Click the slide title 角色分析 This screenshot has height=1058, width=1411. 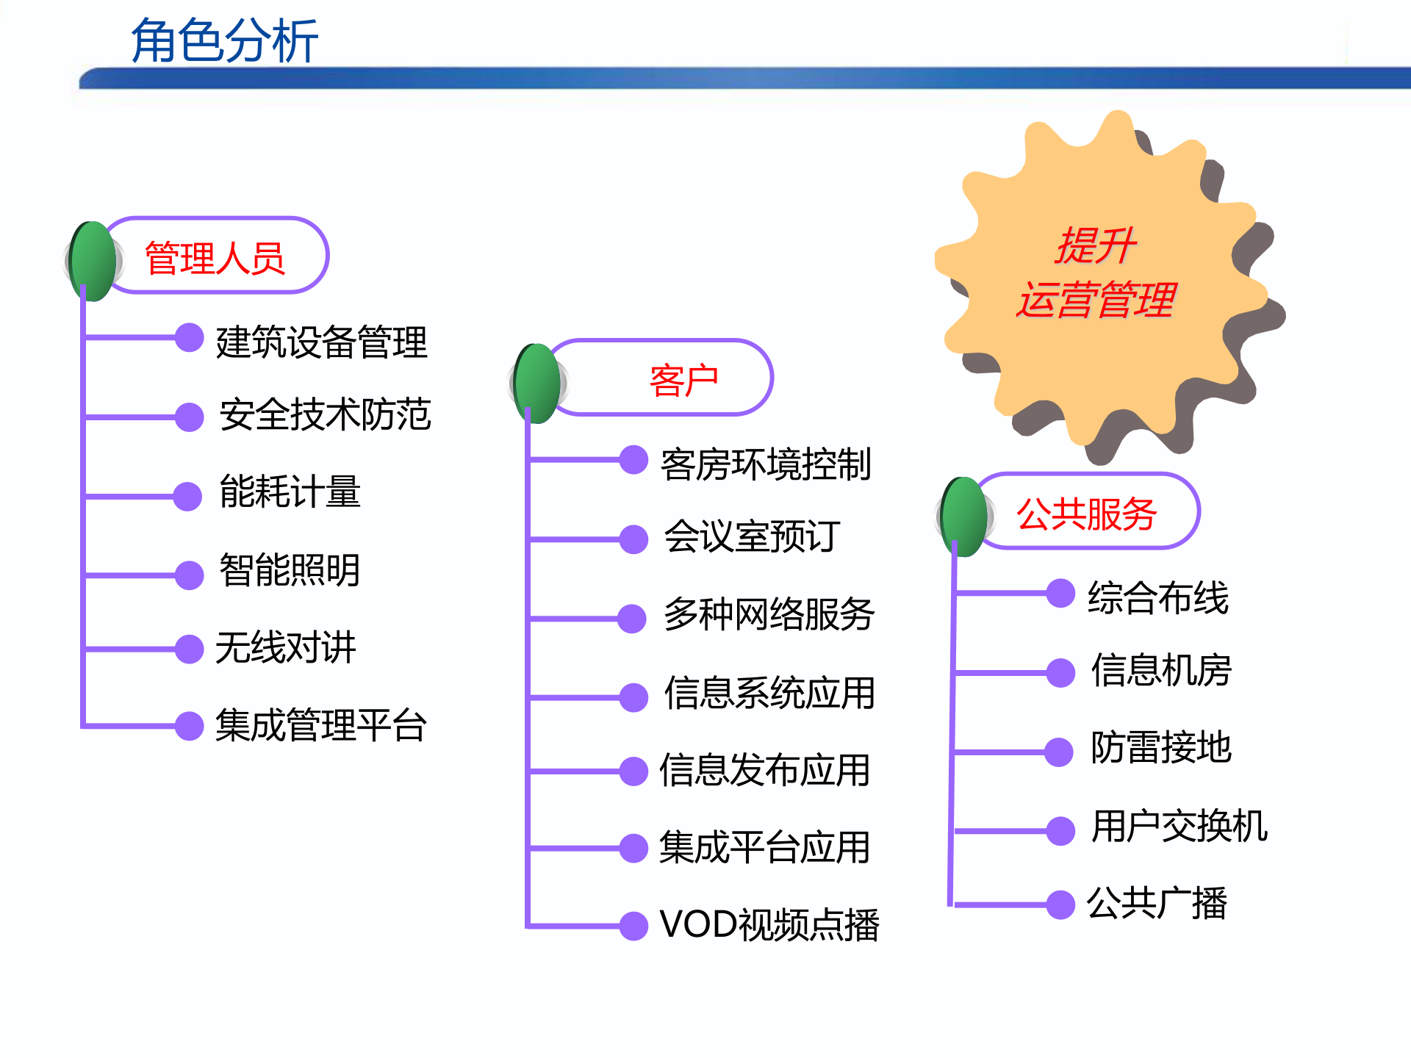[x=224, y=41]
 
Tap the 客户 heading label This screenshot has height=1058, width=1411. [x=683, y=380]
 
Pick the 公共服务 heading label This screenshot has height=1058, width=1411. [x=1086, y=513]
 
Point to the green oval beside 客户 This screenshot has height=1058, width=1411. [x=538, y=383]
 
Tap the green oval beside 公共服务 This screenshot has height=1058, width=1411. [x=964, y=516]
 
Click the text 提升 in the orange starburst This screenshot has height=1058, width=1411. [x=1095, y=245]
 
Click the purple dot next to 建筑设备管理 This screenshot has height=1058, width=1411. [x=189, y=337]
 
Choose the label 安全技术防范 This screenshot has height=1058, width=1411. [x=325, y=414]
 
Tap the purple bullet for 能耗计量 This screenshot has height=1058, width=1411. [x=187, y=496]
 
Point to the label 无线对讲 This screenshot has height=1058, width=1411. [x=286, y=647]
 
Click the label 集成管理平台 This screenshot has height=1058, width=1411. [x=320, y=725]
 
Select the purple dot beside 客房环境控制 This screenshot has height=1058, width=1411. [x=633, y=460]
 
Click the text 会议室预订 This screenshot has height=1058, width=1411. [x=752, y=536]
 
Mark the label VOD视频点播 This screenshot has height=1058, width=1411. [x=769, y=924]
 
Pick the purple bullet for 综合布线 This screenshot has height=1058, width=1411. [x=1060, y=593]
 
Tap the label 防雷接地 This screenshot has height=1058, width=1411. [x=1161, y=747]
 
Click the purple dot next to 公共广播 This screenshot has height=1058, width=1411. [x=1060, y=904]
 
